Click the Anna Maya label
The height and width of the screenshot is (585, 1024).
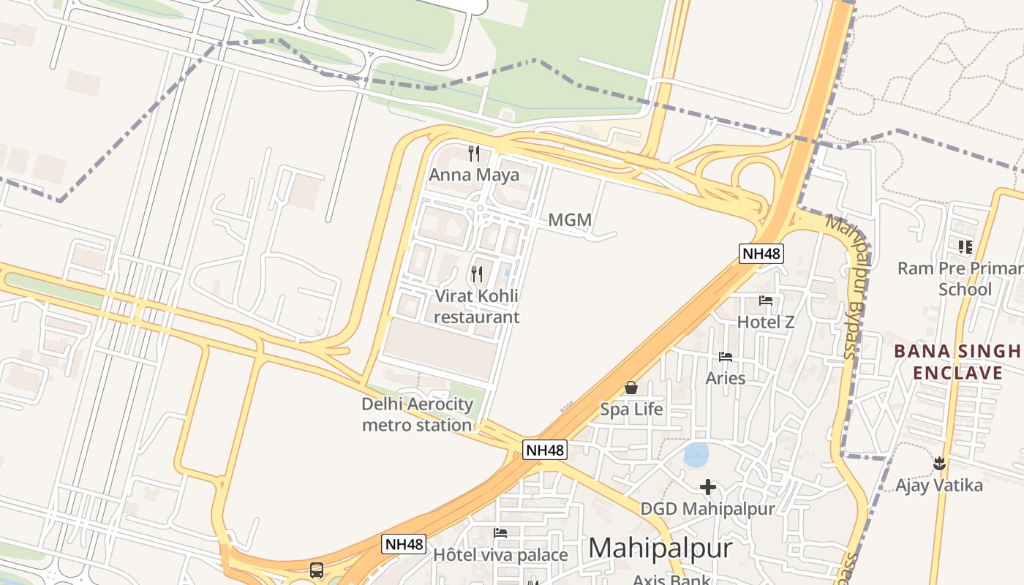(x=474, y=175)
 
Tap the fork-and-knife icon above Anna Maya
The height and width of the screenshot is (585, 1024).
(x=474, y=154)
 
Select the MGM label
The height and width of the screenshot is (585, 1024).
(x=570, y=219)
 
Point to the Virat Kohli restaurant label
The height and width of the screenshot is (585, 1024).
(x=476, y=306)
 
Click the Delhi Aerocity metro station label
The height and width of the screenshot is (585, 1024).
(x=417, y=415)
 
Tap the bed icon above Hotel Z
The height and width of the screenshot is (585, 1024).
(x=766, y=301)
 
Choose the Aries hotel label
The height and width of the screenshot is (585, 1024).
(x=726, y=378)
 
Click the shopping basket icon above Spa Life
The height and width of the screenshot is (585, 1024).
(x=631, y=388)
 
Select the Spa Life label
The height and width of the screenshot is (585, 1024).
(x=631, y=409)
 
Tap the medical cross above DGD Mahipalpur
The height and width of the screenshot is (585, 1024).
(x=708, y=487)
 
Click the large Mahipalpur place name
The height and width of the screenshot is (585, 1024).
(x=660, y=548)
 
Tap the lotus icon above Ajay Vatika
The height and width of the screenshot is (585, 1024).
(x=940, y=463)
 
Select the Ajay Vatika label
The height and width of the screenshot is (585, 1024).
(x=939, y=485)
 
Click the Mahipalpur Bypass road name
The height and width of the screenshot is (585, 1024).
(x=852, y=285)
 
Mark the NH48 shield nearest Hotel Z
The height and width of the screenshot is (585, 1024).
(x=761, y=254)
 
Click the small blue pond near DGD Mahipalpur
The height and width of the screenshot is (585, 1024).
(x=696, y=455)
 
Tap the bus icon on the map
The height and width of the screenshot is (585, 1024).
(x=317, y=570)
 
